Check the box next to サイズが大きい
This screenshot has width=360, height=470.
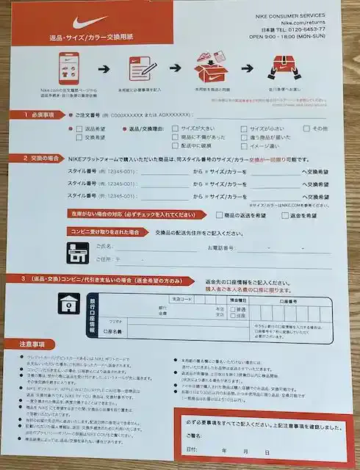point(175,128)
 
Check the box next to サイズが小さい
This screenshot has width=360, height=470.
point(245,128)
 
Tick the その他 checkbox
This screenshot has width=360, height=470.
point(306,129)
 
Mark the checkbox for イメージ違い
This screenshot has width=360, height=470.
point(245,145)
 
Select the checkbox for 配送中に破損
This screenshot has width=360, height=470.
point(175,145)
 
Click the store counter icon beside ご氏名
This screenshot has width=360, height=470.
point(76,252)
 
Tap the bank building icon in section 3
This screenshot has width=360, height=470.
point(68,303)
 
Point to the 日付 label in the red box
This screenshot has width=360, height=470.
point(192,450)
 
